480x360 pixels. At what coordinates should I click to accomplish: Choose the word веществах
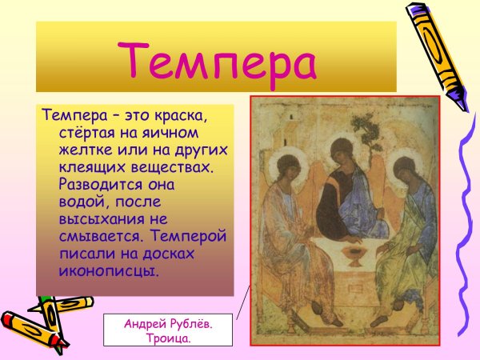point(172,166)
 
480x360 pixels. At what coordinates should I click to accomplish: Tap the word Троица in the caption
point(168,338)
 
